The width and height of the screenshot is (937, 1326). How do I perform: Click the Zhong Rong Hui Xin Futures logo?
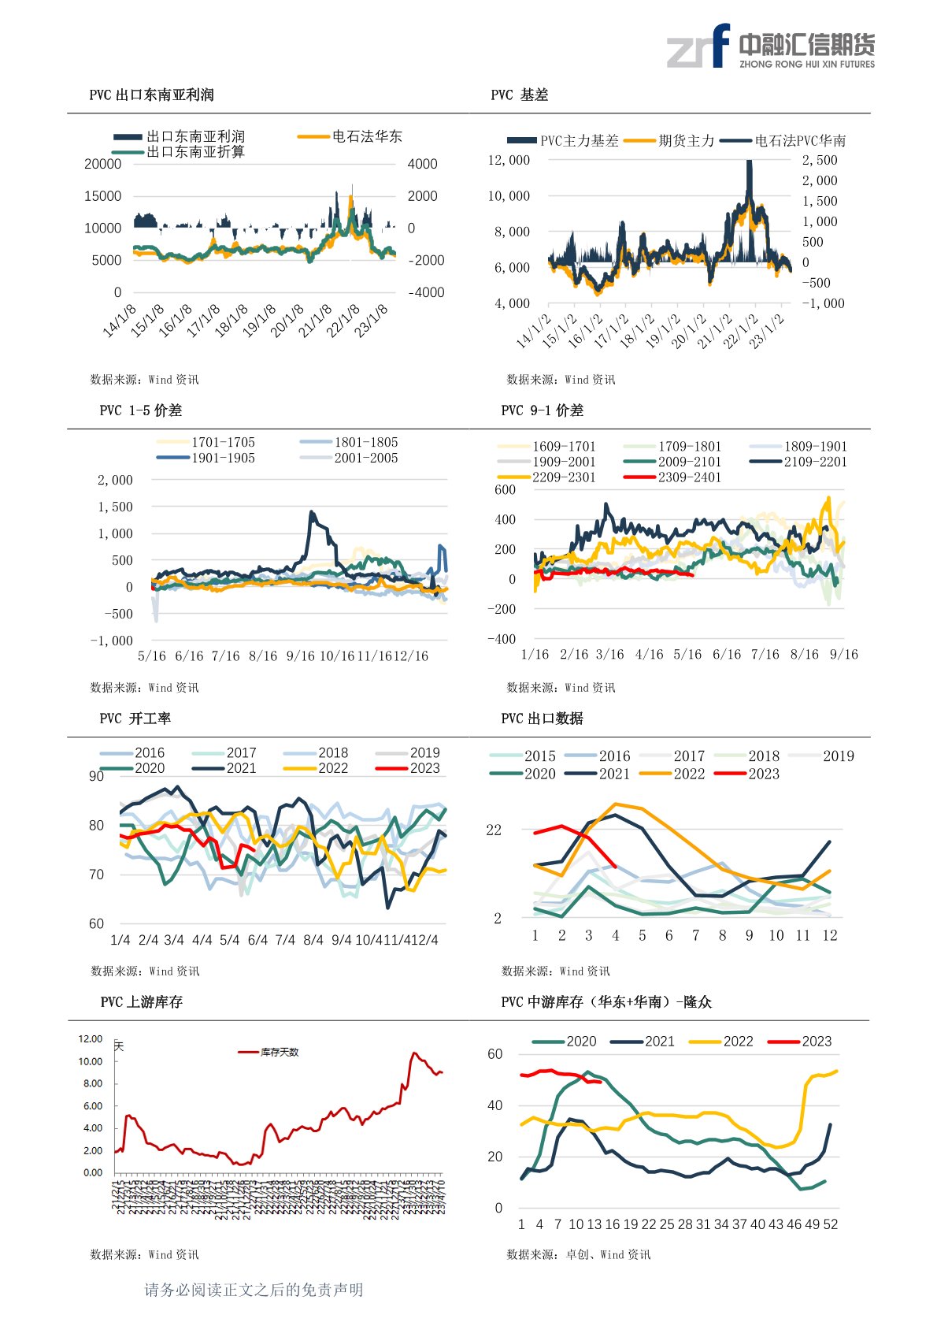[x=770, y=46]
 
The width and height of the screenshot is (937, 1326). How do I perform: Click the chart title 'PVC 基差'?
[x=519, y=95]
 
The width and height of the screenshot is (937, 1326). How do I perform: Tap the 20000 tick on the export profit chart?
[x=103, y=164]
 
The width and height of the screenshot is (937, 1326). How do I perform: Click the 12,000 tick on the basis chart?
[x=509, y=160]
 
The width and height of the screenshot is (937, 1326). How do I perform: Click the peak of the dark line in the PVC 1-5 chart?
[x=312, y=512]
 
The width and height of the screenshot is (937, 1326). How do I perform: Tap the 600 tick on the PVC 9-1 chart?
[x=505, y=489]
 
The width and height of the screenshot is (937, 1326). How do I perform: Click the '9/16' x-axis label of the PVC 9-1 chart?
[x=843, y=654]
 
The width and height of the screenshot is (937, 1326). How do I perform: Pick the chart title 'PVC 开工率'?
[x=135, y=719]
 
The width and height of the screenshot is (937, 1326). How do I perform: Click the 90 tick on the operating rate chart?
[x=96, y=776]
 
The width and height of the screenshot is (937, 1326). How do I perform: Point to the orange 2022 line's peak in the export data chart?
[x=616, y=804]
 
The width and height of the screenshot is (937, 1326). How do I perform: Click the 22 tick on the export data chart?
[x=494, y=830]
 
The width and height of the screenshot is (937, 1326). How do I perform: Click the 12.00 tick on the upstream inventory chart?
[x=91, y=1038]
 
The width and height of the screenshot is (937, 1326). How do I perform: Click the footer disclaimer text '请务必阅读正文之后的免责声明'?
[x=254, y=1290]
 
